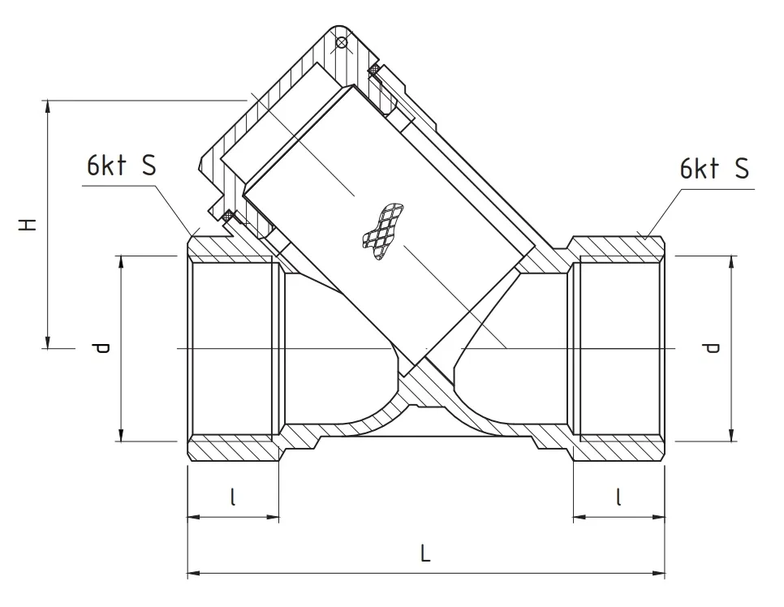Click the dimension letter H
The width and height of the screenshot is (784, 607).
pyautogui.click(x=29, y=224)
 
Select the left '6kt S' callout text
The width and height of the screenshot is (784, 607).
pyautogui.click(x=121, y=166)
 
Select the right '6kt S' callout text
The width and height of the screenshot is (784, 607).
pyautogui.click(x=713, y=169)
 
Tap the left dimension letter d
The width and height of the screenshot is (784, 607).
pyautogui.click(x=100, y=348)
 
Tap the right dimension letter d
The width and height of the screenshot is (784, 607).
pyautogui.click(x=711, y=348)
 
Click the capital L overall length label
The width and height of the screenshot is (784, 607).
pyautogui.click(x=425, y=554)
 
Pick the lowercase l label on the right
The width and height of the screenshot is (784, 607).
pyautogui.click(x=618, y=496)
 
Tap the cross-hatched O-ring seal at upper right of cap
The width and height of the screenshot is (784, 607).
pyautogui.click(x=374, y=71)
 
